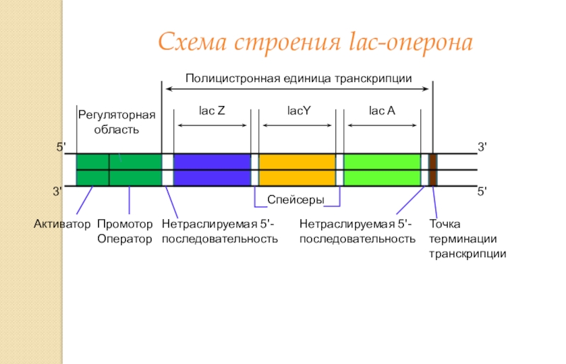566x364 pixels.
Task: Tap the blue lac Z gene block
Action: (212, 170)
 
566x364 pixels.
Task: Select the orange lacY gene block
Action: (296, 170)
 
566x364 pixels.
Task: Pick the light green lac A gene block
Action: (382, 170)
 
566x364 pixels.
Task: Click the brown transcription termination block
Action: (432, 170)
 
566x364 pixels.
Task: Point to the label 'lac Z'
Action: (212, 111)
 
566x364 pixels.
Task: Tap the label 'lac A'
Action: (382, 111)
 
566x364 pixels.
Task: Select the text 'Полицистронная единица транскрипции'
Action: (299, 78)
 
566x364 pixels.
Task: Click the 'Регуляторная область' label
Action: (116, 122)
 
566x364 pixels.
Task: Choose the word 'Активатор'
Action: (62, 225)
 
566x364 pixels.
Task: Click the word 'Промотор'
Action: (125, 225)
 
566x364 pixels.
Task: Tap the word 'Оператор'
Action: (125, 239)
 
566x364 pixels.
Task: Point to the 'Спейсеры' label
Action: (296, 201)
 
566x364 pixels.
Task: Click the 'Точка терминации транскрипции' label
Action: (467, 239)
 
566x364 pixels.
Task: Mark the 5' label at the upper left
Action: (62, 147)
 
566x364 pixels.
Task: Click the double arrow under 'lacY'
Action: (296, 126)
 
